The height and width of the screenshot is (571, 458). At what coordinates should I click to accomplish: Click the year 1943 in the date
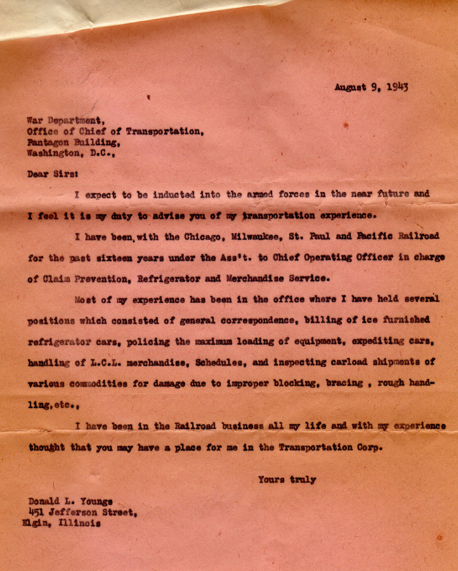[396, 86]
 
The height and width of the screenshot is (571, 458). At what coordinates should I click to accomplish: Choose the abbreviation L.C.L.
[127, 362]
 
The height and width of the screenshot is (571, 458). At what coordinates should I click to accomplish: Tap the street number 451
[37, 513]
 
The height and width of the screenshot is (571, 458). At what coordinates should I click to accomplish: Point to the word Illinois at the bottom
[79, 523]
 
